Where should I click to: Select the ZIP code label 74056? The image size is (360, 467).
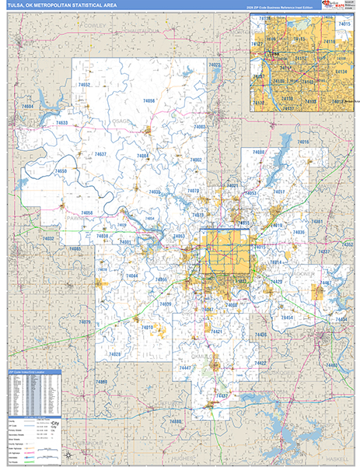click(x=148, y=100)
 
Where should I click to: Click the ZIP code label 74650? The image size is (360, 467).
click(x=59, y=170)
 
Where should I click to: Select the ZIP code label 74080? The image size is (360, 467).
click(x=259, y=152)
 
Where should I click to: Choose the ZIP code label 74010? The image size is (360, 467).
click(x=147, y=328)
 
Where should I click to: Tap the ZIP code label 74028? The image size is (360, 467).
click(x=115, y=355)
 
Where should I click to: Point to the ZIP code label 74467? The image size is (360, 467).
click(x=327, y=282)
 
